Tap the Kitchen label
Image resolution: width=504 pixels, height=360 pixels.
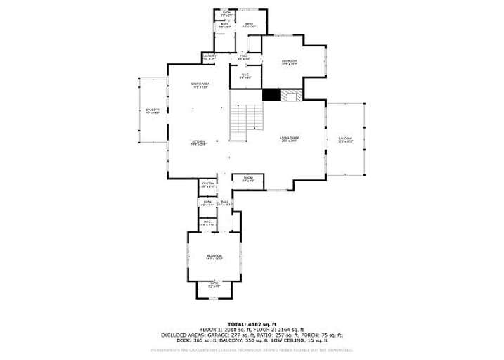coord(198,143)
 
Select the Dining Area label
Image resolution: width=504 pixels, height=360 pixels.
coord(201,86)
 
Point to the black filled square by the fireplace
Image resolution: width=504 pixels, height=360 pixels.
coord(271,95)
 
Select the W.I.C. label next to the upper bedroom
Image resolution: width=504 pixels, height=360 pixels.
coord(245,76)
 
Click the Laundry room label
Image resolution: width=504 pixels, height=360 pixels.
coord(209,57)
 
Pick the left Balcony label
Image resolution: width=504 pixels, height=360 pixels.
coord(152,111)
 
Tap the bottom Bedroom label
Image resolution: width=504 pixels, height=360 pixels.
coord(214,257)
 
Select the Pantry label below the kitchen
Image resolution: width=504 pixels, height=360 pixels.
coord(207,186)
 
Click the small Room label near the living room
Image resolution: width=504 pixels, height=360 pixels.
coord(247,179)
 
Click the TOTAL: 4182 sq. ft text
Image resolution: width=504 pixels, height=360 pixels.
coord(252,323)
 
